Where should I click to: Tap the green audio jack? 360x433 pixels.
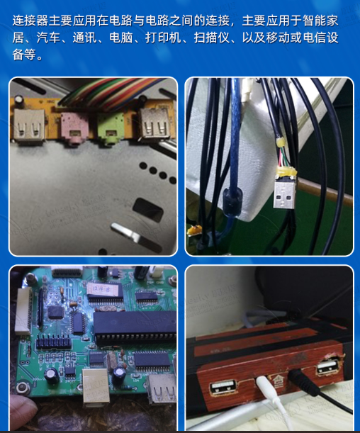click(x=110, y=129)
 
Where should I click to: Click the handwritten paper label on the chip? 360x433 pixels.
click(x=103, y=289)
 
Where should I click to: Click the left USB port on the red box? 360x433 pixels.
click(x=224, y=388)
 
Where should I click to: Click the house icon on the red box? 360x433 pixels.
click(x=278, y=381)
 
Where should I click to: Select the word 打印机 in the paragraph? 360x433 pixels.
click(x=164, y=38)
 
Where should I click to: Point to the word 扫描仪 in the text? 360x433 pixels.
click(x=212, y=38)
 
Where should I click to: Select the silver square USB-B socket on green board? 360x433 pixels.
click(x=96, y=386)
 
